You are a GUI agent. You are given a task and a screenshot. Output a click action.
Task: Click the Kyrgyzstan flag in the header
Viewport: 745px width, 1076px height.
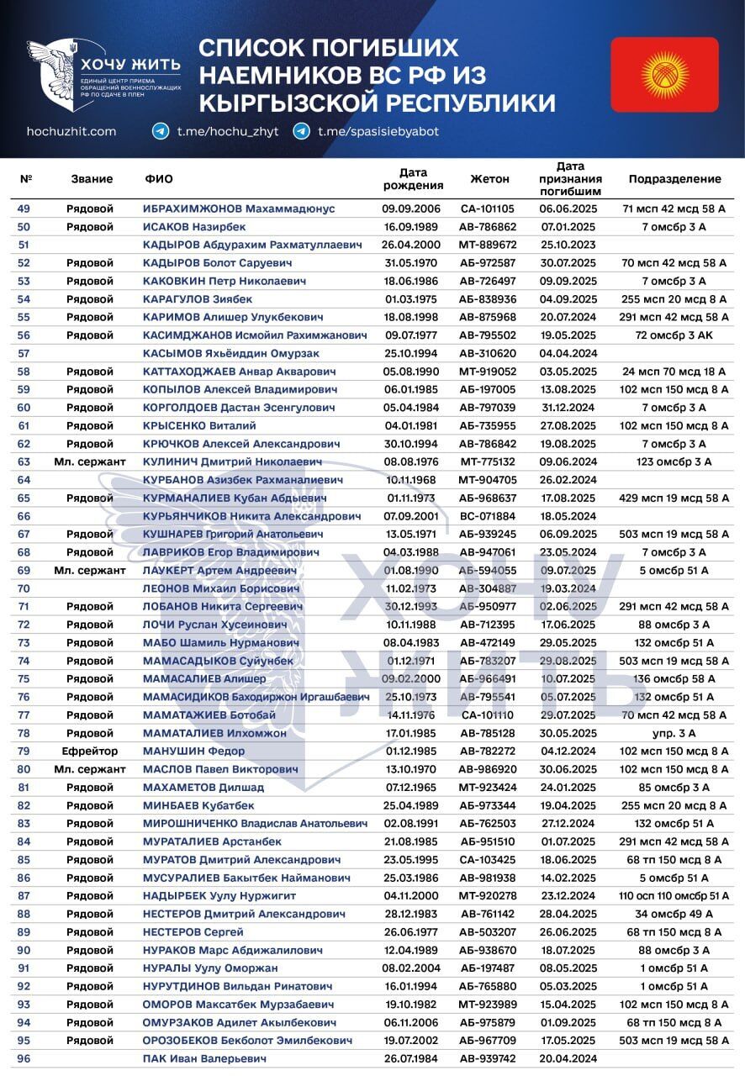click(664, 75)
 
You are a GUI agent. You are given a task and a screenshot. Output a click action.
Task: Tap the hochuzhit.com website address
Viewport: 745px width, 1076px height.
click(71, 132)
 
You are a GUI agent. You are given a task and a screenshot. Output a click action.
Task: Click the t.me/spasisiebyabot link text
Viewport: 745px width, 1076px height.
click(378, 132)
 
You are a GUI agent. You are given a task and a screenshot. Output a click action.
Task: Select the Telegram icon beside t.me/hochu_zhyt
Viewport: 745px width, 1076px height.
click(161, 132)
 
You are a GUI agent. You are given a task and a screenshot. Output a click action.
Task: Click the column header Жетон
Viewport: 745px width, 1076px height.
click(489, 179)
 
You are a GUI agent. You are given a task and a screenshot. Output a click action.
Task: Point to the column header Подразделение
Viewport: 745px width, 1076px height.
click(674, 179)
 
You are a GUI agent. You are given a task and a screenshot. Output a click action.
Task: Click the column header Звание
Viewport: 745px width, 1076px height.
click(92, 179)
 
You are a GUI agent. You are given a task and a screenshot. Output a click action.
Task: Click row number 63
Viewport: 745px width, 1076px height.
click(24, 462)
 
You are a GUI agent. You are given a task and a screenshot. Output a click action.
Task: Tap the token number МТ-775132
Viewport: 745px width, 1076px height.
click(488, 462)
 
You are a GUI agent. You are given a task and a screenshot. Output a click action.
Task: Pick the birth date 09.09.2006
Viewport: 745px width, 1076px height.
click(412, 208)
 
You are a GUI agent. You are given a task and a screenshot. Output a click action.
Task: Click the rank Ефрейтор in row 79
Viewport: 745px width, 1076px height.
click(90, 751)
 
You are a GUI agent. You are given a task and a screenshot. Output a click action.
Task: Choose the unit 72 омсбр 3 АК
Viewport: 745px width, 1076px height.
click(674, 335)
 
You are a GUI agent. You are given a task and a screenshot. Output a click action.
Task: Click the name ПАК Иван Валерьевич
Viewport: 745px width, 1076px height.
click(204, 1058)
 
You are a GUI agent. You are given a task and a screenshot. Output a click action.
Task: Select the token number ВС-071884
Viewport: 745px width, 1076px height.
click(488, 516)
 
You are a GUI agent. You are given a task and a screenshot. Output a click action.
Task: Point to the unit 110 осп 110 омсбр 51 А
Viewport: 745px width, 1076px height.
click(674, 896)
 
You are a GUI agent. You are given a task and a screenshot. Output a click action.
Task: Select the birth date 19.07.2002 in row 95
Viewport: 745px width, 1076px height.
click(412, 1041)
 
